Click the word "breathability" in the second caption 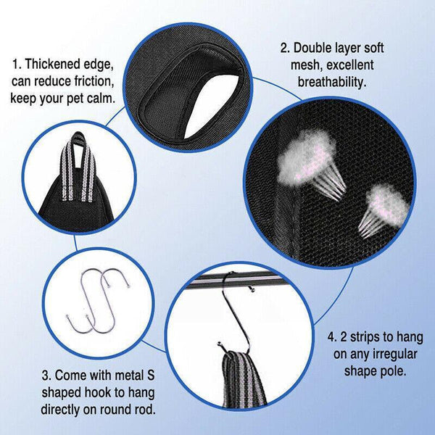pos(329,83)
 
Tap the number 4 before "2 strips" pos(331,338)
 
